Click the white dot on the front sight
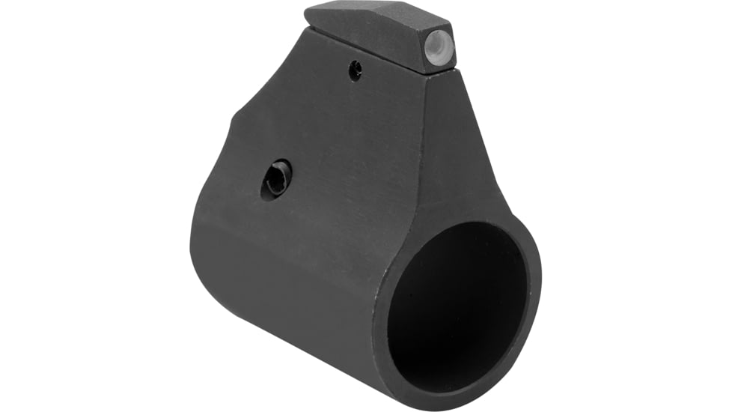pyautogui.click(x=439, y=47)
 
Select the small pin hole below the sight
pyautogui.click(x=356, y=71)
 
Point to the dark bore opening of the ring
pyautogui.click(x=457, y=300)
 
